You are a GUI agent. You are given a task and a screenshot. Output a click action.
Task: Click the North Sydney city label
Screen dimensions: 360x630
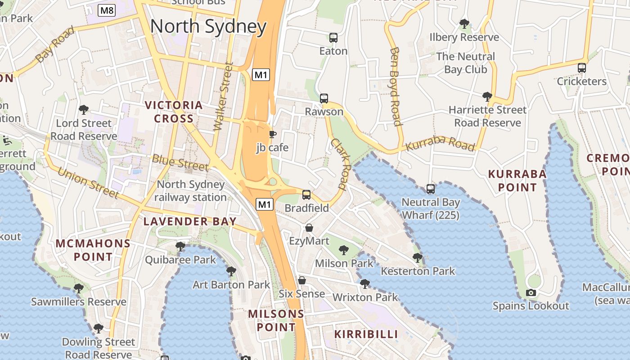[208, 27]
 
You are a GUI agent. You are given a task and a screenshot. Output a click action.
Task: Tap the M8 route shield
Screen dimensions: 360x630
[107, 10]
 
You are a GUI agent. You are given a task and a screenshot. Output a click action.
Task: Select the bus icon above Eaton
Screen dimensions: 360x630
[333, 38]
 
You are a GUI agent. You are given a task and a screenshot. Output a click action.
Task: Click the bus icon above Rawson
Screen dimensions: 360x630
[324, 98]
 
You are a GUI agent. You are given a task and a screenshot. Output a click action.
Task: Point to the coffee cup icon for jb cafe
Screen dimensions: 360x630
[272, 134]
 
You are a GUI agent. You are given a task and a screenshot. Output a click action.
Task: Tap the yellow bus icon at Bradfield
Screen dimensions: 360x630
[306, 194]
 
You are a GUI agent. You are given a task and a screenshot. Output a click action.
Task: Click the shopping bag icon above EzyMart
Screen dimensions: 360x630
[309, 228]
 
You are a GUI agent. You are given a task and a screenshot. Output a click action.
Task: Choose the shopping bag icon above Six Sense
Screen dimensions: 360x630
[302, 280]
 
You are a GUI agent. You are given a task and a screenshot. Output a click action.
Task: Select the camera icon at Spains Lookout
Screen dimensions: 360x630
[531, 293]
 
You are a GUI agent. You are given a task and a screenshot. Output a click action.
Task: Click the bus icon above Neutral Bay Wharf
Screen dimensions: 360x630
[431, 189]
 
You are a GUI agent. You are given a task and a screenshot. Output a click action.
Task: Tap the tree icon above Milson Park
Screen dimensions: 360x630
[344, 250]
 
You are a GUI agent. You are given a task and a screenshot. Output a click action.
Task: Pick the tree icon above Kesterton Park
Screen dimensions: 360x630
[418, 258]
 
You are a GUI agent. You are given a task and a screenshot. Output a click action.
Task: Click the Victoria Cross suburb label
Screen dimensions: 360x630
[174, 112]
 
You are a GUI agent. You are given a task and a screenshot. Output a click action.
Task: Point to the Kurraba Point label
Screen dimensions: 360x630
[517, 180]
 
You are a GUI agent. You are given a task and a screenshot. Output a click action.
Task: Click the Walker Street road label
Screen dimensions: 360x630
[223, 96]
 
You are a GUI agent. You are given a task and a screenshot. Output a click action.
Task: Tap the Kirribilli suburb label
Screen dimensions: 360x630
[366, 334]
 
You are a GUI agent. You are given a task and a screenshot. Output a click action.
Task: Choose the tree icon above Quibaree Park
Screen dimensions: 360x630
[180, 247]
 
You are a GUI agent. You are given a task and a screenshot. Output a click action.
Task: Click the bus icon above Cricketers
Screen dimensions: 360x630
[582, 68]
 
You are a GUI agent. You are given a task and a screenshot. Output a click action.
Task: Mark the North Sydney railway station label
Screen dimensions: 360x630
[191, 191]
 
